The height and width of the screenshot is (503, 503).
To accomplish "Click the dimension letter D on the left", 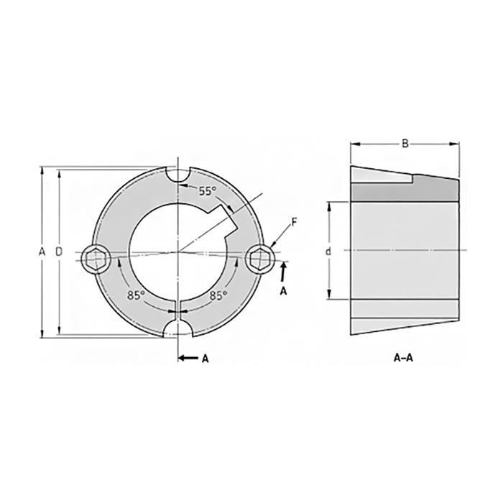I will [x=58, y=251].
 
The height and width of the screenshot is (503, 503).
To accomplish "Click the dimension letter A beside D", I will [x=42, y=251].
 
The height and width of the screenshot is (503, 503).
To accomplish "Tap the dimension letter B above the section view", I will [x=405, y=144].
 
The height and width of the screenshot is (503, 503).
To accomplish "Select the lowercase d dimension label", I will [x=328, y=251].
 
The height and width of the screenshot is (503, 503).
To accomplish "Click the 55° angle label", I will [x=207, y=191].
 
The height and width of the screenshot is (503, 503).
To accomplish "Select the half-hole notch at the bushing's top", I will [x=177, y=172].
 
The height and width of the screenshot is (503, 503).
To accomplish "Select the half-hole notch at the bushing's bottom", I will [x=177, y=330].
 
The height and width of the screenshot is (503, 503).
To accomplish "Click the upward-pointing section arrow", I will [x=284, y=270].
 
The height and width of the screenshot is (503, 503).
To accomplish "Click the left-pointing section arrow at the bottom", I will [x=188, y=357].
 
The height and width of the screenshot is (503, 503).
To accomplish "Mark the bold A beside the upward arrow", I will [x=283, y=291].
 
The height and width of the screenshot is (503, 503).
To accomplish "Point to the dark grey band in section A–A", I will [x=404, y=190].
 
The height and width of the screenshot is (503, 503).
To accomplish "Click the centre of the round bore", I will [x=177, y=252].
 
